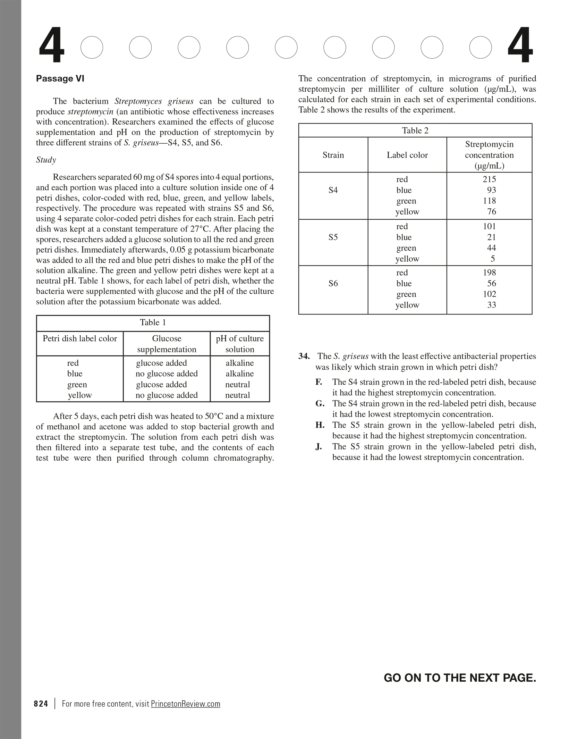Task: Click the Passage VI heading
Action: point(60,79)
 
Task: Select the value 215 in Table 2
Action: point(489,179)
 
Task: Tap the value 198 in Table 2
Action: point(489,273)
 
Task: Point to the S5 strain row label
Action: point(333,237)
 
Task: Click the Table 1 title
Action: point(153,323)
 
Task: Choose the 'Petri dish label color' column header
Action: point(80,339)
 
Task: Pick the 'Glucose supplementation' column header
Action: point(167,344)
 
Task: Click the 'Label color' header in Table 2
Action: point(407,155)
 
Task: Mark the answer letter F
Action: point(319,382)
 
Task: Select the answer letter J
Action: point(319,447)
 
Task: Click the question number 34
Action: point(304,356)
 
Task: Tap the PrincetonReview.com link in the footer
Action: point(186,704)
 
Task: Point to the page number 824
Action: point(41,704)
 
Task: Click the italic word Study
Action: point(46,160)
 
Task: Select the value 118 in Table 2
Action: point(489,201)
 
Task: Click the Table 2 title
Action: point(415,131)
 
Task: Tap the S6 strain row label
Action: point(333,284)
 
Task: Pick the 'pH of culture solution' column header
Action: point(240,344)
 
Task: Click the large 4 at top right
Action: point(520,46)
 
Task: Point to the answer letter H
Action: point(320,425)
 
